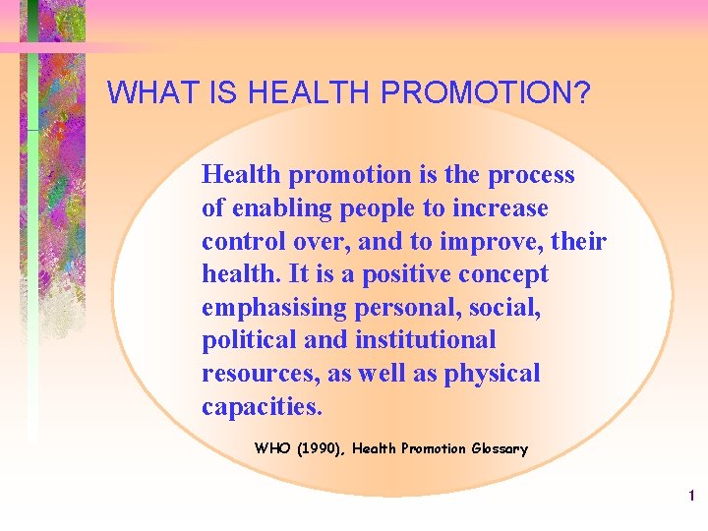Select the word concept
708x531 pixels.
pyautogui.click(x=505, y=274)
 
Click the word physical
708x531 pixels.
pyautogui.click(x=493, y=374)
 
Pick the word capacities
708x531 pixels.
pyautogui.click(x=261, y=406)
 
